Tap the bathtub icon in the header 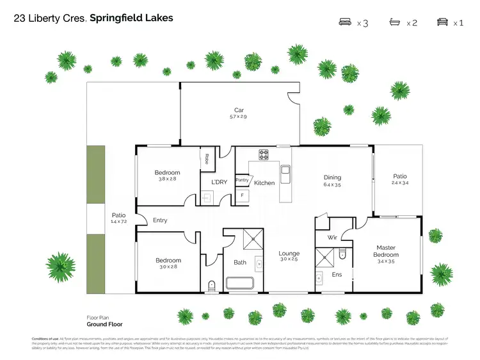395,22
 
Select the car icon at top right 442,22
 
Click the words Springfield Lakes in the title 131,18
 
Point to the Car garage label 239,110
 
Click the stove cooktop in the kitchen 263,154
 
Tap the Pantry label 242,181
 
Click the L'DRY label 219,182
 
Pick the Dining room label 332,177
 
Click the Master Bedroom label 386,251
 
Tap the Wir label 332,237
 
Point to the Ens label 337,274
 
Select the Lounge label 289,254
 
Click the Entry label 160,220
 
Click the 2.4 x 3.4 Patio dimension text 399,183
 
